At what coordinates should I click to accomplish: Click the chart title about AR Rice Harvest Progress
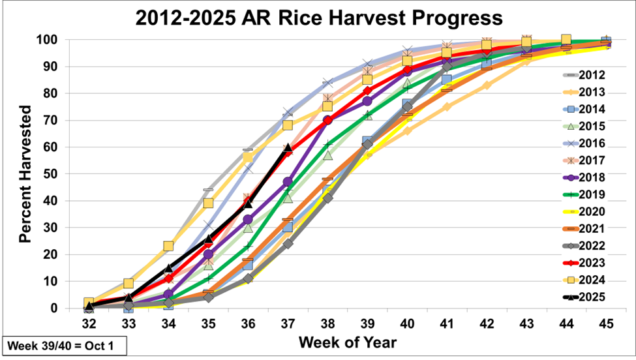pyautogui.click(x=318, y=18)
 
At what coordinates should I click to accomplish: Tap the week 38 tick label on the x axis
pyautogui.click(x=327, y=323)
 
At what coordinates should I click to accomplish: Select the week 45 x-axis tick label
pyautogui.click(x=606, y=323)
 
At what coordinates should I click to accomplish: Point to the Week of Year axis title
pyautogui.click(x=347, y=342)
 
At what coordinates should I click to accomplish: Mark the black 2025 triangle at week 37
pyautogui.click(x=288, y=148)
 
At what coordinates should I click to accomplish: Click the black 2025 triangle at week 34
pyautogui.click(x=168, y=268)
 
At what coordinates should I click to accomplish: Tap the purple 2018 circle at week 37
pyautogui.click(x=288, y=182)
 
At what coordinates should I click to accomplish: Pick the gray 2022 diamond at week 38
pyautogui.click(x=327, y=198)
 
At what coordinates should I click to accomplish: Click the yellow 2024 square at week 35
pyautogui.click(x=208, y=203)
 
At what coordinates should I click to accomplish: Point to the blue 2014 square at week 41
pyautogui.click(x=447, y=80)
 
